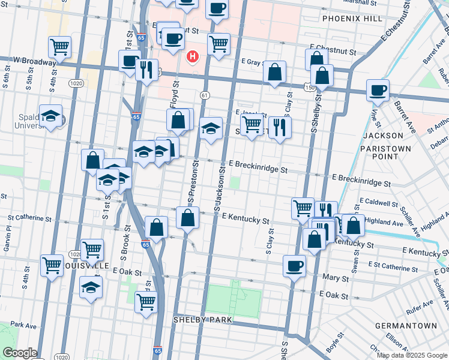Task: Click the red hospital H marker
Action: (193, 57)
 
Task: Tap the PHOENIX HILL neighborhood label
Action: (352, 19)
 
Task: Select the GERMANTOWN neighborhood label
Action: (406, 326)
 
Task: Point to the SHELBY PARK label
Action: (203, 320)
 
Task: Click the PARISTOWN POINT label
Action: (385, 152)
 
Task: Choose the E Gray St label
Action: (255, 62)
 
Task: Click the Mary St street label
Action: (336, 278)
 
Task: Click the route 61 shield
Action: (205, 95)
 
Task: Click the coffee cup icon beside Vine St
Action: (378, 91)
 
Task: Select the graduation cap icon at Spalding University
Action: (51, 116)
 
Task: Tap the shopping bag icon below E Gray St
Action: (274, 73)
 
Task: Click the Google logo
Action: (20, 353)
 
